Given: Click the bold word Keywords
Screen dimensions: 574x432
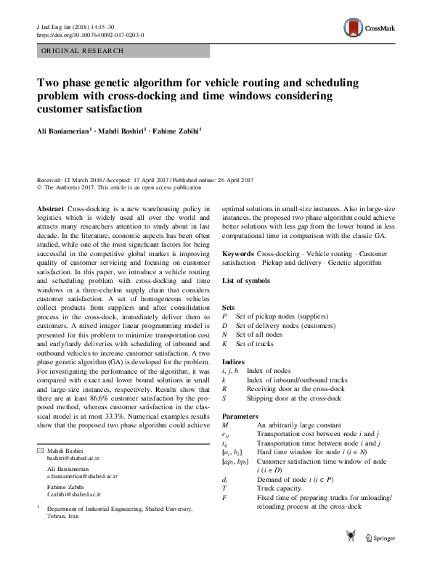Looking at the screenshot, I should click(237, 254).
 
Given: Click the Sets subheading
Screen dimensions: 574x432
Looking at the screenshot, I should click(229, 308).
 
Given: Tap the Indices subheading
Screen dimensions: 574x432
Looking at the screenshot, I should click(232, 361).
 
